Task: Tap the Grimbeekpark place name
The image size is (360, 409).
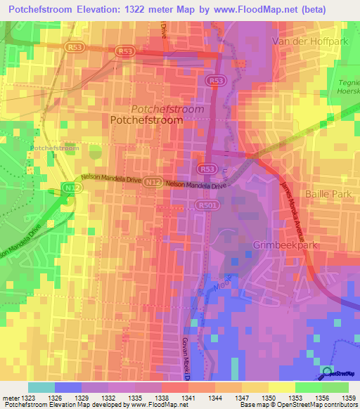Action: click(x=285, y=245)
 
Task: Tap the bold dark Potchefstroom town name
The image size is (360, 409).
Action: click(x=147, y=120)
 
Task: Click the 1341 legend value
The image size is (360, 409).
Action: click(x=189, y=398)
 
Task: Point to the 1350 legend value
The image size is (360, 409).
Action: click(x=268, y=398)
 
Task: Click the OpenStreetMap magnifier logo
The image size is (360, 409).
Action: click(x=328, y=372)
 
